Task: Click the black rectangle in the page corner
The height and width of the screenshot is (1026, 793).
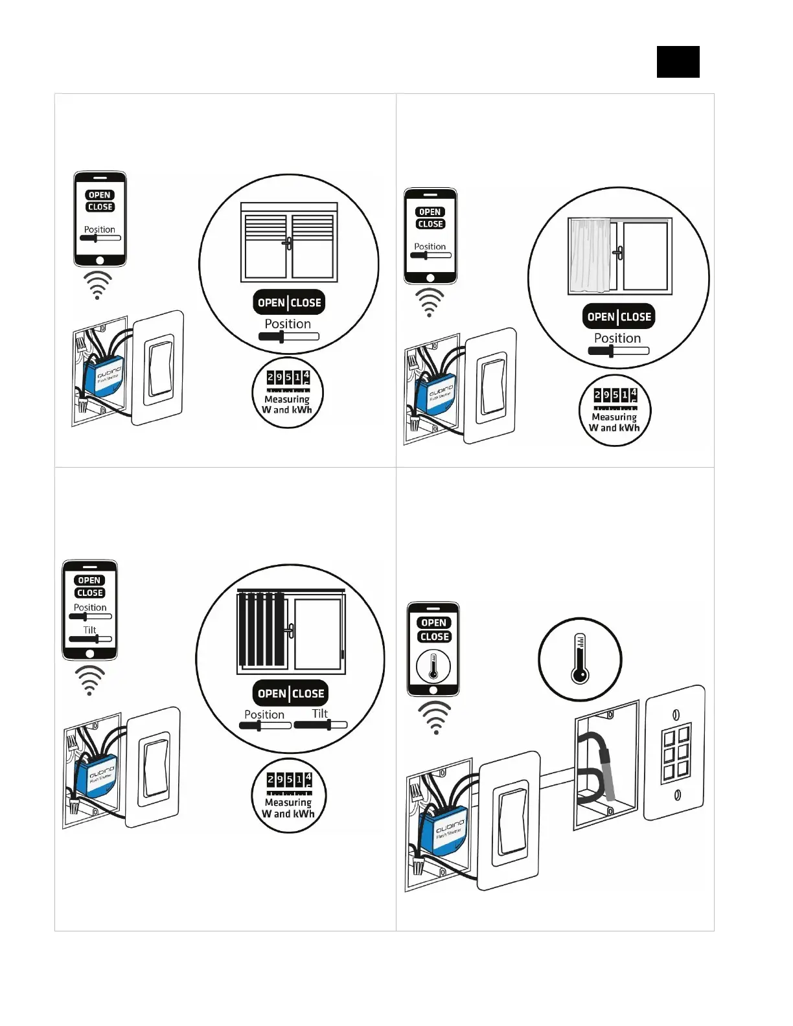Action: (x=678, y=62)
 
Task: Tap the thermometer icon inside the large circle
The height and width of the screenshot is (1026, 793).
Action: (x=579, y=659)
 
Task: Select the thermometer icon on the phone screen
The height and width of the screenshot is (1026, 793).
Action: (x=433, y=667)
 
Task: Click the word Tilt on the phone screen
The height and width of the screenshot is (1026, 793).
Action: (x=89, y=630)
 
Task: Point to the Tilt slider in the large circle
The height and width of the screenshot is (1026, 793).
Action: (x=321, y=725)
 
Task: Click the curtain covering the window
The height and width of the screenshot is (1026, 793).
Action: (x=590, y=256)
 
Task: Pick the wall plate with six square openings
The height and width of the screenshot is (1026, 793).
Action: (x=674, y=753)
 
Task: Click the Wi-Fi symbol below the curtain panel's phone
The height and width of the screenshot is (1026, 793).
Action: (x=430, y=302)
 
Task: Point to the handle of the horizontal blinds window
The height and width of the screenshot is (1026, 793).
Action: (x=288, y=244)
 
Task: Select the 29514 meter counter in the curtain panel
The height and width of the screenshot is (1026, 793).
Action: (x=615, y=395)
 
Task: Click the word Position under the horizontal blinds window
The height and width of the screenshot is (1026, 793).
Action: (x=288, y=324)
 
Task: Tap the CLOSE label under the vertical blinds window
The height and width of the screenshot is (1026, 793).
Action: (x=308, y=694)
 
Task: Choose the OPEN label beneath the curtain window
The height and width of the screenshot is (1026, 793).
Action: (x=601, y=317)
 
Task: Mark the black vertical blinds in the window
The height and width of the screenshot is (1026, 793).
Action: (x=261, y=630)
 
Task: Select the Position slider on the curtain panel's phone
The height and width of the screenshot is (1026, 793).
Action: (x=430, y=255)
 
